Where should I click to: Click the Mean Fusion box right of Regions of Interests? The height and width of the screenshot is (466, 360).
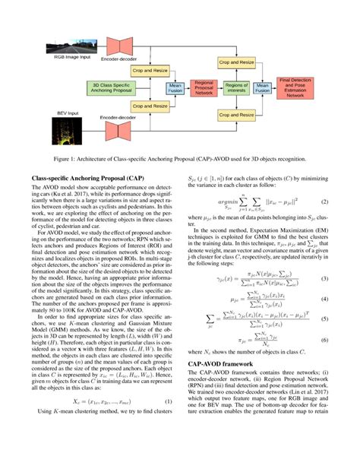263,87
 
